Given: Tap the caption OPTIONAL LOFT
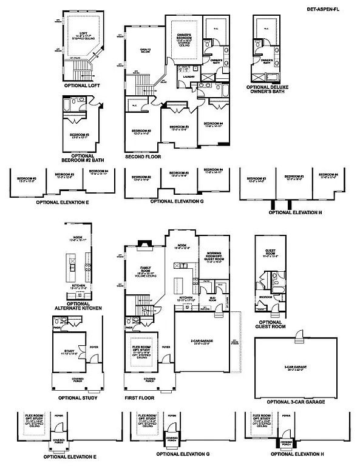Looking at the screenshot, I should click(81, 86).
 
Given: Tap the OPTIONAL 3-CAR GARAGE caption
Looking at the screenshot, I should click(294, 402).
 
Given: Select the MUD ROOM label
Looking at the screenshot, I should click(213, 299).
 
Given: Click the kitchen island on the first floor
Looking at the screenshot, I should click(180, 284).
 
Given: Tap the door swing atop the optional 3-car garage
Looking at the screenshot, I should click(299, 335).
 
